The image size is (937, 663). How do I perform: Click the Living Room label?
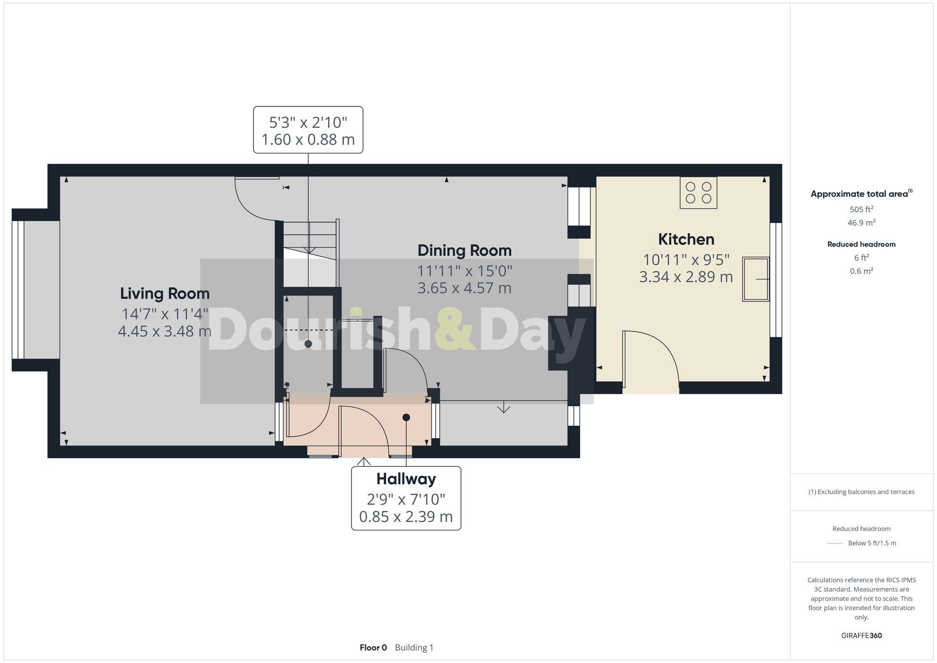[x=165, y=294]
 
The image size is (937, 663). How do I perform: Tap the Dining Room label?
[x=464, y=251]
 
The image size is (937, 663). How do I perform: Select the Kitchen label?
[x=686, y=239]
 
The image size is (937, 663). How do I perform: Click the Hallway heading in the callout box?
[x=406, y=479]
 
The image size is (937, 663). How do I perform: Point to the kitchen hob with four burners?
[x=698, y=193]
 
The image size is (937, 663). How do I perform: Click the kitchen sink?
[x=755, y=279]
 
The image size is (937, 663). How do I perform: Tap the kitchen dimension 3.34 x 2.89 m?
[x=686, y=277]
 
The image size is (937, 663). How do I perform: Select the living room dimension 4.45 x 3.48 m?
[x=165, y=331]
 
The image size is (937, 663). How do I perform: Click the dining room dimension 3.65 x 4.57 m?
[x=464, y=288]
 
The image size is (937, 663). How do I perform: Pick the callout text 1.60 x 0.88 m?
[x=308, y=140]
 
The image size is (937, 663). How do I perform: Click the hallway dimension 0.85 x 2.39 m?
[x=406, y=517]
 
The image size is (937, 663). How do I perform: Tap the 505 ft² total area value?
[x=861, y=209]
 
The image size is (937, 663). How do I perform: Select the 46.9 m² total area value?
[x=861, y=223]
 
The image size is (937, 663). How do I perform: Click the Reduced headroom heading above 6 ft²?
[x=861, y=244]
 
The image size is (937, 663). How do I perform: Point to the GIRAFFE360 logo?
[x=861, y=635]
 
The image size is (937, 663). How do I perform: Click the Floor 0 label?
[x=373, y=648]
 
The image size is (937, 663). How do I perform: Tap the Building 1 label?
[x=414, y=648]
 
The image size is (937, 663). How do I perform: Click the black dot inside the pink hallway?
[x=406, y=417]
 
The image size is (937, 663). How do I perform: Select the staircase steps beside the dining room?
[x=310, y=239]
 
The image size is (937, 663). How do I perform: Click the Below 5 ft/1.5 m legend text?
[x=872, y=543]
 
